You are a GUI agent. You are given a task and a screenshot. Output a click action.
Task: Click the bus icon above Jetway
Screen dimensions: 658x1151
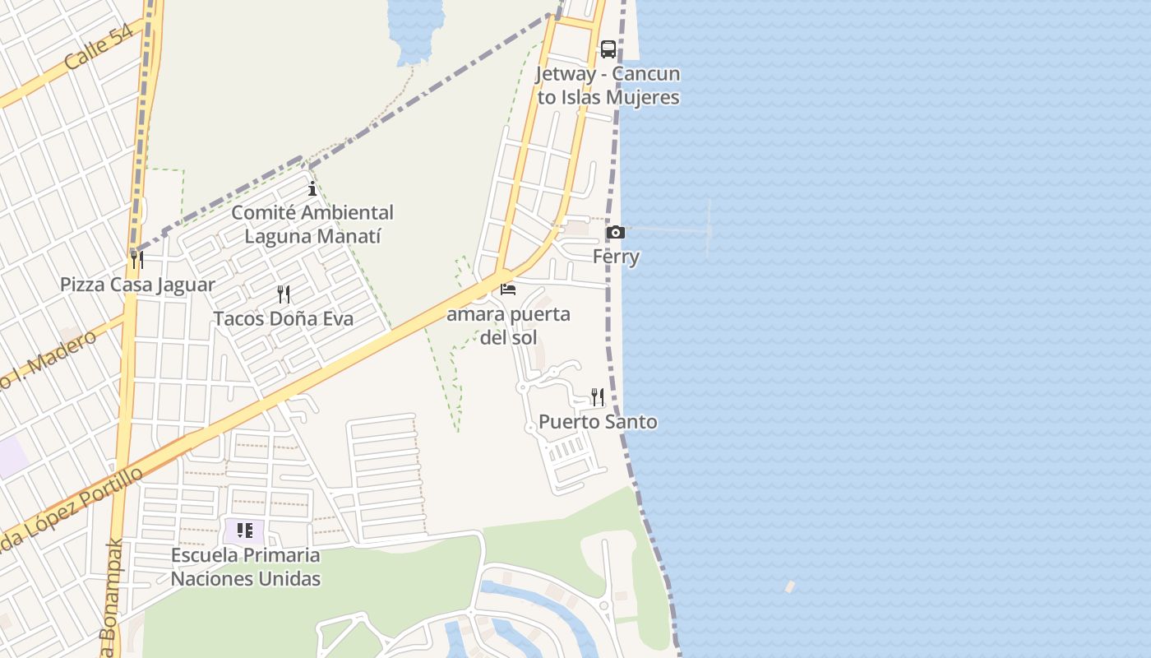(608, 49)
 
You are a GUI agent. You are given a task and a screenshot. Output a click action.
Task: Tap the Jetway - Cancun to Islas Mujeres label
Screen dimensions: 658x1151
(608, 86)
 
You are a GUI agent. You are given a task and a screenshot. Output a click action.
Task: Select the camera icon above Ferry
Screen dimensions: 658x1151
(615, 233)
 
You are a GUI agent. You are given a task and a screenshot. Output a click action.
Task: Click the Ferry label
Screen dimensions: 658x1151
(616, 257)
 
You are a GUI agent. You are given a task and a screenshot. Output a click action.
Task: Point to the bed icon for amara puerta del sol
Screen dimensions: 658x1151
(508, 290)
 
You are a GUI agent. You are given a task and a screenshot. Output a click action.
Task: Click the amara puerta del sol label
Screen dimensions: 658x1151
(508, 326)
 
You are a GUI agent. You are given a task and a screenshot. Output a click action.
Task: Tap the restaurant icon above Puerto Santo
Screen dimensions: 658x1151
(598, 397)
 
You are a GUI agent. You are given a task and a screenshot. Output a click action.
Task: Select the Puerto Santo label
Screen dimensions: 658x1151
(598, 422)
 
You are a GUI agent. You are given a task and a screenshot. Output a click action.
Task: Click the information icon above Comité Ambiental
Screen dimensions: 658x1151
(312, 189)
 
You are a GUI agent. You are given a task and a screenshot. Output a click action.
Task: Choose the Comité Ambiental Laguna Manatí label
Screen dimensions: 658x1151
(312, 225)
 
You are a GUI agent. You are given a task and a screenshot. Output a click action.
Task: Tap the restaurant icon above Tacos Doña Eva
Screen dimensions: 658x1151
(284, 294)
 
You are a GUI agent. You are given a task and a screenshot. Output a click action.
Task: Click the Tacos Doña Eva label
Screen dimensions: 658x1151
(284, 318)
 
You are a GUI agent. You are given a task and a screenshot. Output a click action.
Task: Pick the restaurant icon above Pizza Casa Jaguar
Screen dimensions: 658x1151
(137, 260)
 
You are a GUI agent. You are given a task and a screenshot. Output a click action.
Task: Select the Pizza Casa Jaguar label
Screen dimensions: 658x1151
(137, 285)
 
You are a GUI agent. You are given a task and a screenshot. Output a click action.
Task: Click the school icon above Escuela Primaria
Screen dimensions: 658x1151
(245, 531)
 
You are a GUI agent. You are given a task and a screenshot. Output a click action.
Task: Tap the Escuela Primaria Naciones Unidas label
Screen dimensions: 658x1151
(245, 567)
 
